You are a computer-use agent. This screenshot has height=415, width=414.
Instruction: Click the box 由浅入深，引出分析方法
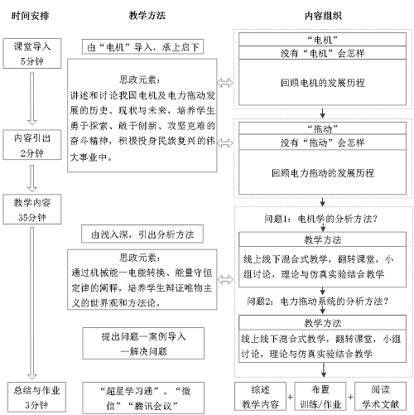click(x=142, y=234)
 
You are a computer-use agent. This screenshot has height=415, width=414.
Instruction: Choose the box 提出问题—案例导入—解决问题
click(x=142, y=344)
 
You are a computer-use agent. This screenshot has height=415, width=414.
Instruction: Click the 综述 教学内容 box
click(x=262, y=395)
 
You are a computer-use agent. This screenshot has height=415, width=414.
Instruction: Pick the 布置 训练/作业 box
click(x=322, y=395)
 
